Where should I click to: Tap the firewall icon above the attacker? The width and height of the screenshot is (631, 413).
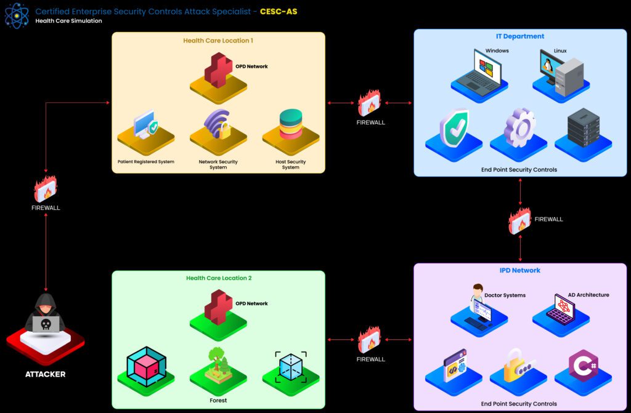click(x=46, y=189)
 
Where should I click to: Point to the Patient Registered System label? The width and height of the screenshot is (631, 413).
click(x=146, y=162)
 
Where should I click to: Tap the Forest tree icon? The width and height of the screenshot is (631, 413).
click(x=218, y=366)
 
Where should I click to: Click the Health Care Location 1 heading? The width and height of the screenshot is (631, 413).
click(x=218, y=41)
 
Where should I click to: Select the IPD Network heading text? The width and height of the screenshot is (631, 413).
click(x=519, y=270)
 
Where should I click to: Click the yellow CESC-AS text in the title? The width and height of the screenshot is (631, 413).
click(x=279, y=12)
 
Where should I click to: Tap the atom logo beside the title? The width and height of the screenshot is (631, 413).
click(x=17, y=15)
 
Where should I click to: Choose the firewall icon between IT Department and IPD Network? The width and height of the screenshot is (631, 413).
click(x=519, y=220)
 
